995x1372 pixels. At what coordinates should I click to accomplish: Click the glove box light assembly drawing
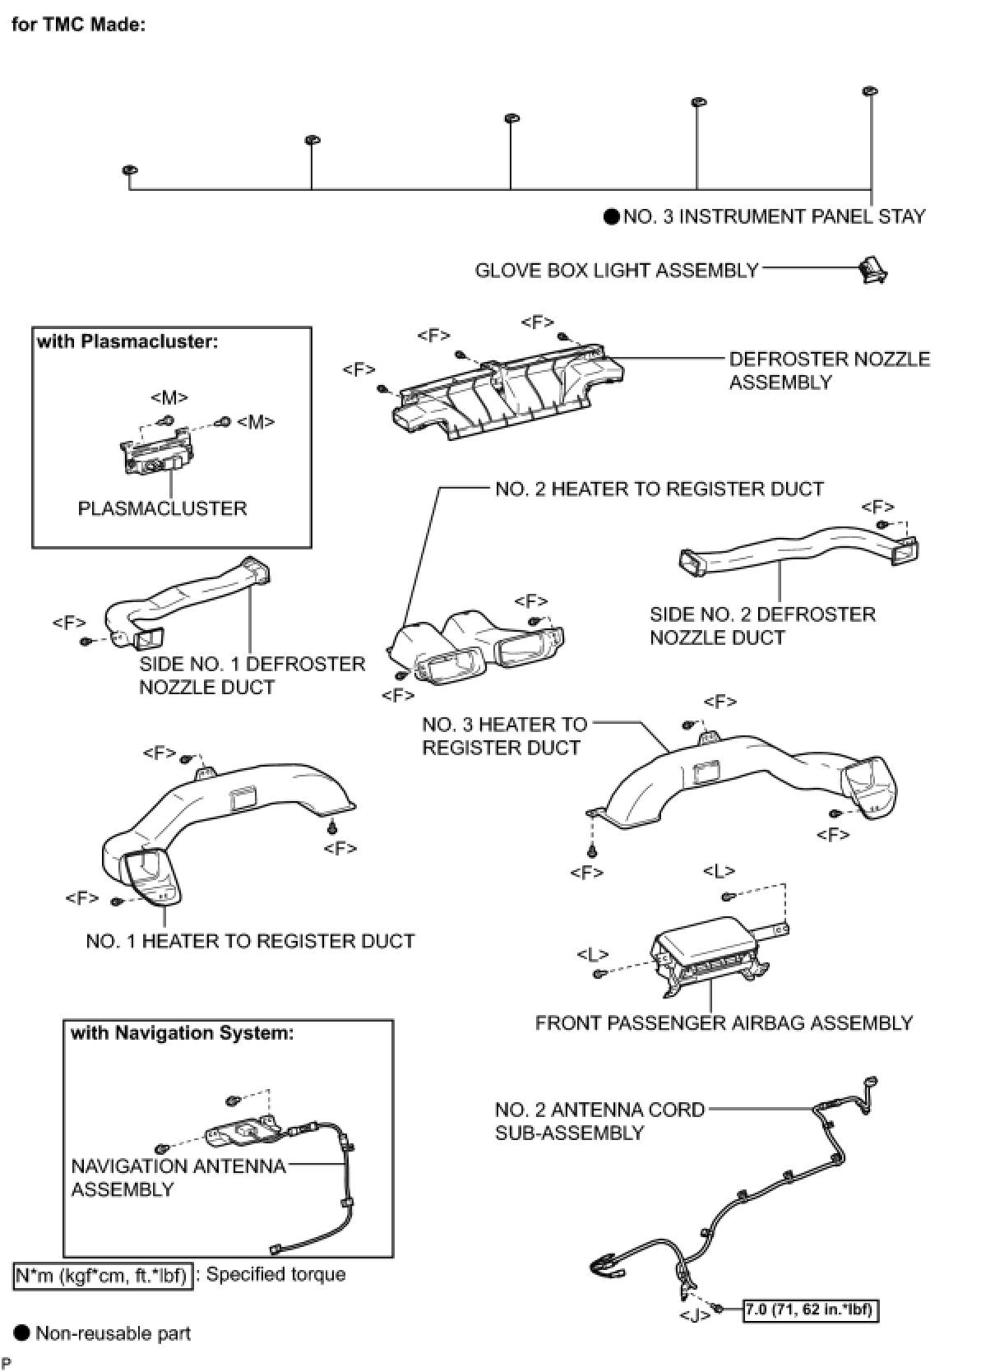(x=873, y=269)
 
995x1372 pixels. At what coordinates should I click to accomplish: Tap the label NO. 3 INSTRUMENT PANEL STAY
(x=774, y=216)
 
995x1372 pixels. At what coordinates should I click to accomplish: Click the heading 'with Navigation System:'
(x=182, y=1033)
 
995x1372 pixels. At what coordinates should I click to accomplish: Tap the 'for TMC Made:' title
(x=78, y=24)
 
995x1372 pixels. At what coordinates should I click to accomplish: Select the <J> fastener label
(x=695, y=1315)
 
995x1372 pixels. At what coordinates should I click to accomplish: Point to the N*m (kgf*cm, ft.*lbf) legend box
(x=104, y=1276)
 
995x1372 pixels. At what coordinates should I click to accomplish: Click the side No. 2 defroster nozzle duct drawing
(x=798, y=553)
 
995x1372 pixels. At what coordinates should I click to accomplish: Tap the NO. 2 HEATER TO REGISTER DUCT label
(x=659, y=489)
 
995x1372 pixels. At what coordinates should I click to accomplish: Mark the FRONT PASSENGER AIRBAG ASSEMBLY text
(x=724, y=1022)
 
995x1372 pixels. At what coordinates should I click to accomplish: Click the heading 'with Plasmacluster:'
(x=127, y=341)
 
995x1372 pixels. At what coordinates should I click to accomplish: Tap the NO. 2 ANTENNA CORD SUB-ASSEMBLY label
(x=599, y=1121)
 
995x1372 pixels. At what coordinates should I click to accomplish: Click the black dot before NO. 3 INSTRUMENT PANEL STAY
(x=611, y=217)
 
